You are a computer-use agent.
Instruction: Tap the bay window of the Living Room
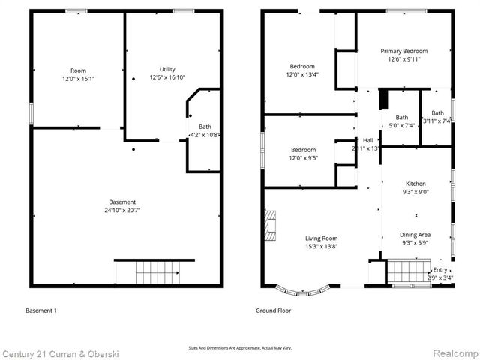303,289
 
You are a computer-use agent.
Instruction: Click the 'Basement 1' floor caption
41,310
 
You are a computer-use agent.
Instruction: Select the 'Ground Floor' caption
274,310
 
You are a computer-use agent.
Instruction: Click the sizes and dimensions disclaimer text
239,348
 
